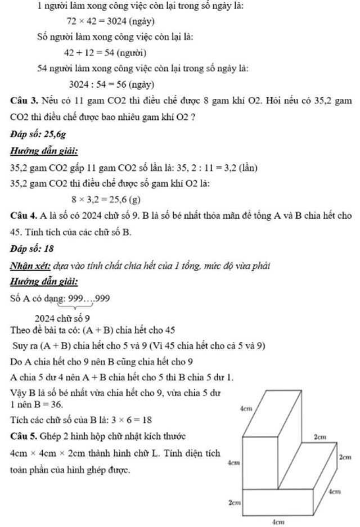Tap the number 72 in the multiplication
click(x=71, y=21)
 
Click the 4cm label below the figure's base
click(x=277, y=522)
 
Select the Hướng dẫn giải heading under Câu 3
click(x=44, y=151)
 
